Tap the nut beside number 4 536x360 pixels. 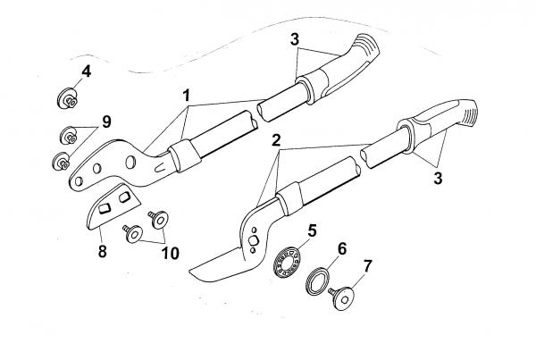point(67,96)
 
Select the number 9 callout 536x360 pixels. point(105,121)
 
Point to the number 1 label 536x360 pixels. point(188,94)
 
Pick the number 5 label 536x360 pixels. point(312,230)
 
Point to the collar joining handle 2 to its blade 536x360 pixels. point(287,201)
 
